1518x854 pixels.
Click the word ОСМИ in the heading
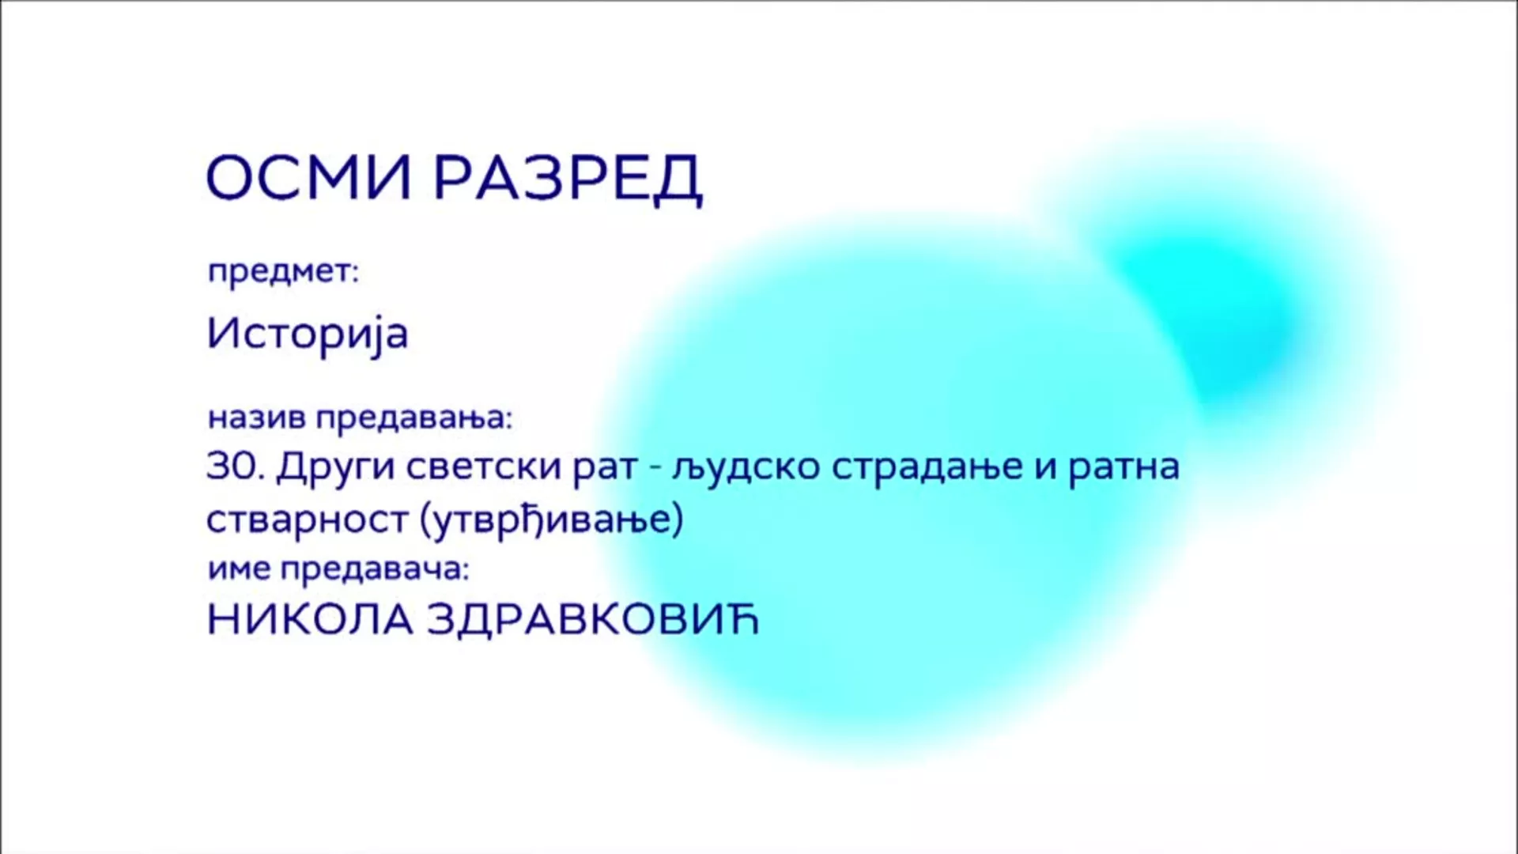pos(309,177)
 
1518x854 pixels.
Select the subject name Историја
pos(308,334)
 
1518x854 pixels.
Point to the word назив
pos(257,418)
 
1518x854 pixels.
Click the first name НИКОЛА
pos(310,620)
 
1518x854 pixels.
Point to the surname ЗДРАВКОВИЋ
pos(593,620)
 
